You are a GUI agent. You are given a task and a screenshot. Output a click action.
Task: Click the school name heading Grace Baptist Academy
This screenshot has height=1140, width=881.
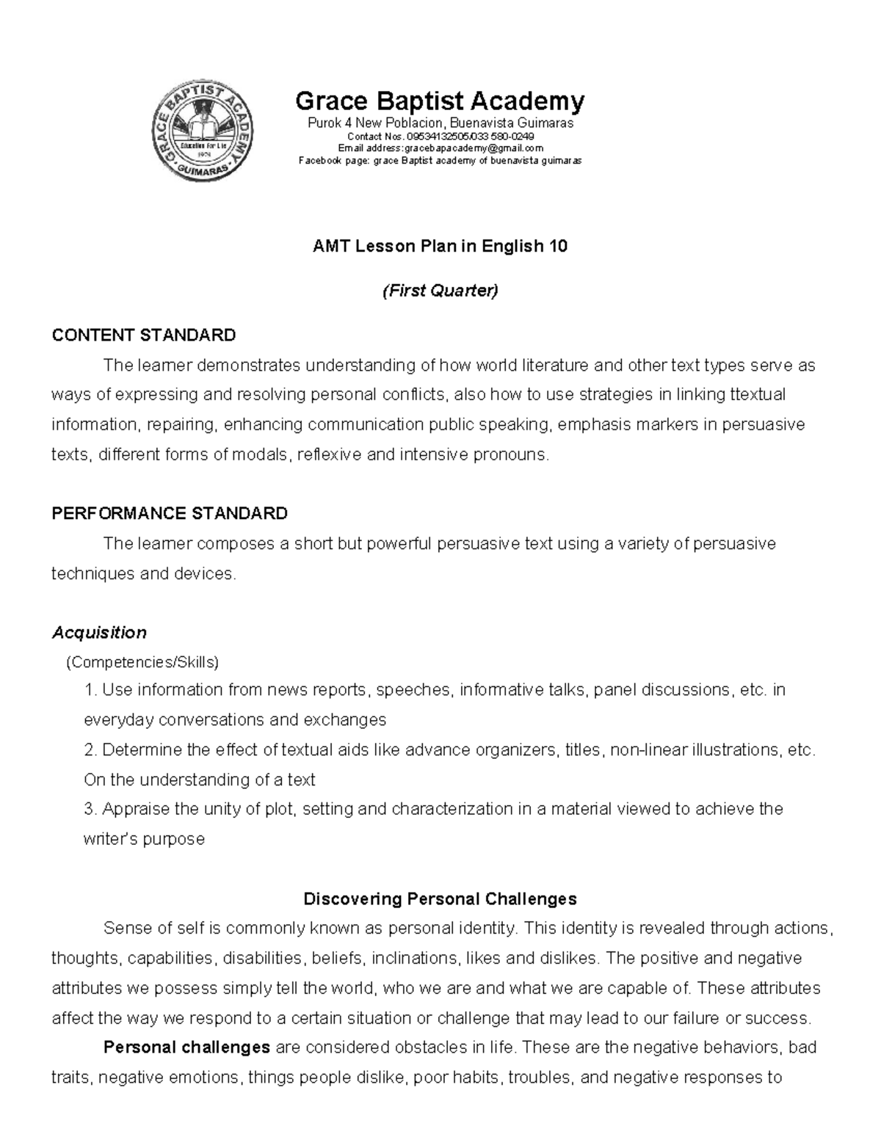pos(440,100)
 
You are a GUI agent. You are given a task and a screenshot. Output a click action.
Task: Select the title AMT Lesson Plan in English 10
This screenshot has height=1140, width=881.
pos(440,247)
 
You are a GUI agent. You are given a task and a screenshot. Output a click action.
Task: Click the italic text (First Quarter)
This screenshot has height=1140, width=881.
pos(440,291)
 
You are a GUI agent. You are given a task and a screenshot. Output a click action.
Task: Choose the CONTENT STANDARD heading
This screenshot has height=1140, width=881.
pos(144,335)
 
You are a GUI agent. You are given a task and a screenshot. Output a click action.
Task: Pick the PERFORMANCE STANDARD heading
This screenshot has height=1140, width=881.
pos(170,513)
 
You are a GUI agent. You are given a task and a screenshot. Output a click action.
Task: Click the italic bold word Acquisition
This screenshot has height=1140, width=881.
pos(99,632)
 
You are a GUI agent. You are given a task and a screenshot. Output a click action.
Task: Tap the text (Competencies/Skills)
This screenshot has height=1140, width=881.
pos(142,662)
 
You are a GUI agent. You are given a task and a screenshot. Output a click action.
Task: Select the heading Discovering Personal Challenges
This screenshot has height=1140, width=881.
pos(440,898)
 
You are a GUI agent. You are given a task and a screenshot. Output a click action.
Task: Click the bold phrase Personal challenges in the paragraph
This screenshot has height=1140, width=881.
pos(187,1047)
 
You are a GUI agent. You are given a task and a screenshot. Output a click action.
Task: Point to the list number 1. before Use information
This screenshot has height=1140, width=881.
pos(91,690)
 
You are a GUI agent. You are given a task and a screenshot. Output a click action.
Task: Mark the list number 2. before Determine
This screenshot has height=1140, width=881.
pos(91,750)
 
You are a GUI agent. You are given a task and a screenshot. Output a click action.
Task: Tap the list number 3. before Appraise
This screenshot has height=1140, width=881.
pos(91,809)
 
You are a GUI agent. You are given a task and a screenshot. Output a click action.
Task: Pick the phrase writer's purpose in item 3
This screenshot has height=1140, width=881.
pos(144,839)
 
